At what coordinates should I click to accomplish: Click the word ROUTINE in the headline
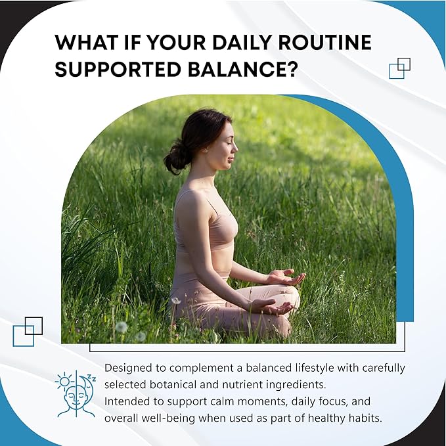click(324, 43)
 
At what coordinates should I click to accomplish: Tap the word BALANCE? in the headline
click(242, 69)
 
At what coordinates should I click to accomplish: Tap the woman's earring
click(206, 150)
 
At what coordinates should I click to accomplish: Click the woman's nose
click(235, 146)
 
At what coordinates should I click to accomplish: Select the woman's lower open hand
click(271, 307)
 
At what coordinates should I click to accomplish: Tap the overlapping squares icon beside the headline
click(399, 68)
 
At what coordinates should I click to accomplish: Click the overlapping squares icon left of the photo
click(28, 332)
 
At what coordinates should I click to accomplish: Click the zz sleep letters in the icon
click(92, 378)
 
